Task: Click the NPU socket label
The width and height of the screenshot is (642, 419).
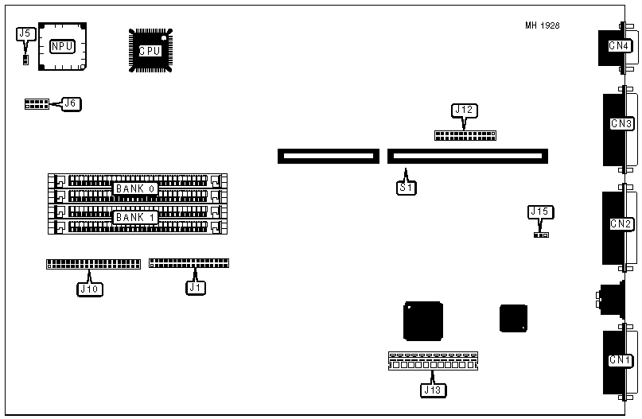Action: (x=62, y=46)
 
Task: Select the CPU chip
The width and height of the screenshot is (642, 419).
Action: (x=150, y=50)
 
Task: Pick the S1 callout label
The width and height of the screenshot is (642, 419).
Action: (x=407, y=188)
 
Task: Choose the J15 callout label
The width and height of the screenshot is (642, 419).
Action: (x=540, y=212)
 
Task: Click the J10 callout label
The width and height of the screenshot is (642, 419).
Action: (x=89, y=289)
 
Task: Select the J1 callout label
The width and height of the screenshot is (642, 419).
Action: (x=196, y=287)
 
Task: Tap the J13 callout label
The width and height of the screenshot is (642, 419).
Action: (x=434, y=390)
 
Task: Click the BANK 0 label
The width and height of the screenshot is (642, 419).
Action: (x=134, y=188)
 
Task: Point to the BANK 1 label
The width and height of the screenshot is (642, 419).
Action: (x=134, y=217)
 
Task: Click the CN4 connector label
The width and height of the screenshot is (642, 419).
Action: (x=620, y=46)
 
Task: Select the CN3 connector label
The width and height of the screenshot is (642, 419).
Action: (x=621, y=124)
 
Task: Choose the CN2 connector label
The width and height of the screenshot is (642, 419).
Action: (x=621, y=223)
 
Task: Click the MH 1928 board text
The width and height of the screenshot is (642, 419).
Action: (x=542, y=25)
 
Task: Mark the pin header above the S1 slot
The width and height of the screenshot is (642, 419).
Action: (x=465, y=135)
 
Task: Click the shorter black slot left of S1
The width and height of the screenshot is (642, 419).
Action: (x=327, y=156)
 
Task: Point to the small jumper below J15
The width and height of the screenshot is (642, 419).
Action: (x=541, y=235)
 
